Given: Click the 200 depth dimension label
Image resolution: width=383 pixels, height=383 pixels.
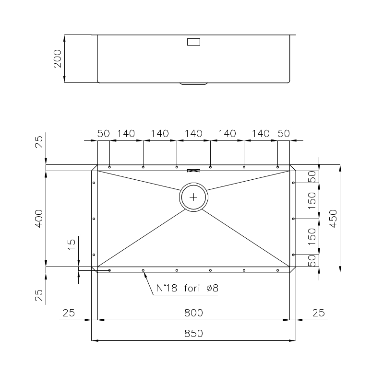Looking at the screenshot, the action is [58, 58].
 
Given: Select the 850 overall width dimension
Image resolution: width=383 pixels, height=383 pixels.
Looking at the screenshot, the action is [193, 334].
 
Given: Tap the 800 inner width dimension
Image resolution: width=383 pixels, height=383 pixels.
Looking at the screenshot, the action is [193, 313].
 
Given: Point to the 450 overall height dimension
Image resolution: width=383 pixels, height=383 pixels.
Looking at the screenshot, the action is [333, 219].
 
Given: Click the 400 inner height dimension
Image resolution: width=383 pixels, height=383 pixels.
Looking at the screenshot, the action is [39, 219].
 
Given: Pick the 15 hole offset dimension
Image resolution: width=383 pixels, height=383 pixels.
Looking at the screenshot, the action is [72, 244].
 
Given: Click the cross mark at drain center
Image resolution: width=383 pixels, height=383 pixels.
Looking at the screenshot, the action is [193, 197].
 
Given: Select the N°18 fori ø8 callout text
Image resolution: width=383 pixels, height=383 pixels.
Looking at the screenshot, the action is [187, 288].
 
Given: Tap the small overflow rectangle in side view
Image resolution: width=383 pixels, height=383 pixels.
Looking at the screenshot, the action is [193, 42].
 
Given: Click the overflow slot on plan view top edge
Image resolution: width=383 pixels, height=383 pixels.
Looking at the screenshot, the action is [193, 171].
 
